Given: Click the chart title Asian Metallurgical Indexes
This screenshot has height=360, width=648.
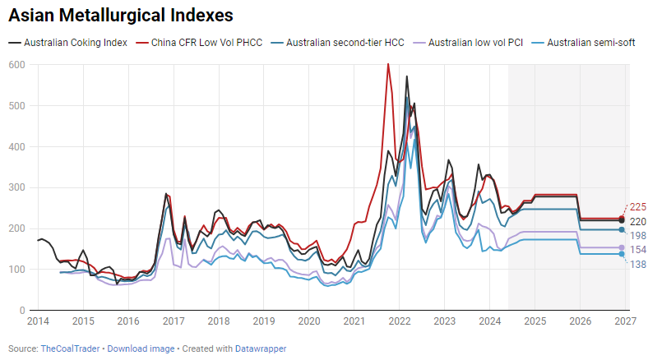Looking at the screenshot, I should tap(121, 16).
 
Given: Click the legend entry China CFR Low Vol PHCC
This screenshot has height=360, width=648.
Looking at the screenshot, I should tap(206, 42).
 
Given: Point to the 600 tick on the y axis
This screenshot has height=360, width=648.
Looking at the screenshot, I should tap(16, 65).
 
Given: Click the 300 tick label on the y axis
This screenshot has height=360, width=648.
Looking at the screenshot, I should tap(16, 187).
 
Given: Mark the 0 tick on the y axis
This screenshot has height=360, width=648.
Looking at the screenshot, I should tap(22, 311).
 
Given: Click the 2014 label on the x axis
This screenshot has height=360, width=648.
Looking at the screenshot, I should tap(38, 321).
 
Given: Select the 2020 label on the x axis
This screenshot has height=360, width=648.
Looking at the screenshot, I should tap(308, 321).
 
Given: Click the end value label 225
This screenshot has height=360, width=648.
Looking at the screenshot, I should tap(637, 207).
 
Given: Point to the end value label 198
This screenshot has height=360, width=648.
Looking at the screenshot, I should tap(637, 236).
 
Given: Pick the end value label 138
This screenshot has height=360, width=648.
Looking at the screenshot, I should tap(637, 264).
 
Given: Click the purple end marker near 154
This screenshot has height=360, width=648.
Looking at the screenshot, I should tap(622, 247).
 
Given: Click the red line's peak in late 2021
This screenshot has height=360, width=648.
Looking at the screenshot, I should tap(388, 64).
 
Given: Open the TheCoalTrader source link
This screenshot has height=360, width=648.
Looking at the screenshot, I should tap(72, 348).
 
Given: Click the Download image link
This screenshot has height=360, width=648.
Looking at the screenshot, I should tap(141, 348).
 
